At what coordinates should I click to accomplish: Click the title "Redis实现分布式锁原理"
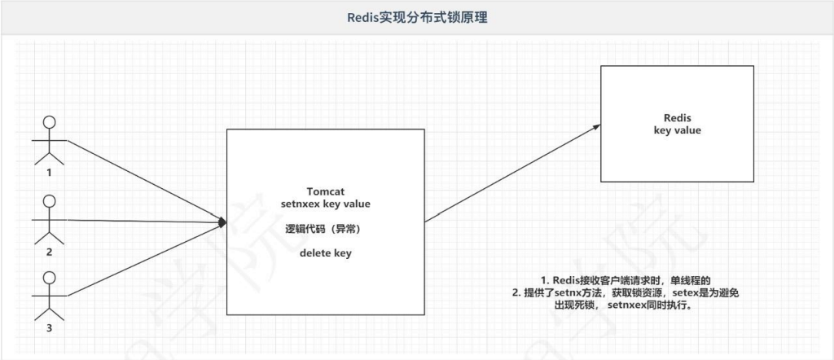coord(416,17)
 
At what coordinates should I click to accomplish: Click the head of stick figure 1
coord(49,124)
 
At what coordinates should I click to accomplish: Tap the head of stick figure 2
coord(49,201)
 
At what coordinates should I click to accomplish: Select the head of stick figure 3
coord(49,277)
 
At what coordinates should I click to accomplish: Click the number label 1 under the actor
coord(49,172)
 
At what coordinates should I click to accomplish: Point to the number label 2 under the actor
coord(49,252)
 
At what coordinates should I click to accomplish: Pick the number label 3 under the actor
coord(49,327)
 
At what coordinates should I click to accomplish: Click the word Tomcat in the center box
coord(326,191)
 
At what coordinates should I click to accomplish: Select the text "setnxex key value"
coord(326,204)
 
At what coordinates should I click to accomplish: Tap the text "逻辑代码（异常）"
coord(326,229)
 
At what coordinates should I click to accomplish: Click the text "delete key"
coord(326,253)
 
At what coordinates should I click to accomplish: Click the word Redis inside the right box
coord(677,117)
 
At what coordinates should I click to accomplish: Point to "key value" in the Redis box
coord(677,130)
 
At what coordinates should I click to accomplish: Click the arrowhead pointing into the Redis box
coord(597,127)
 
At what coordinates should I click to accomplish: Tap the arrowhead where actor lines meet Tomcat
coord(222,221)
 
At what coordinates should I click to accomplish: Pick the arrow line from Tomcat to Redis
coord(513,173)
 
